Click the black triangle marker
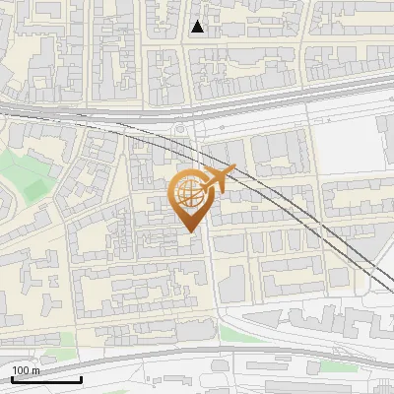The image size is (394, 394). point(198,27)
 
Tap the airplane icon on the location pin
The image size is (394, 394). point(217,180)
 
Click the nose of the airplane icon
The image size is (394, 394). point(234,169)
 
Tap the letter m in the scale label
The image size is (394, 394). point(35,370)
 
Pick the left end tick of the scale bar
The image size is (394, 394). point(11,378)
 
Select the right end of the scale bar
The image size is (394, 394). point(81,378)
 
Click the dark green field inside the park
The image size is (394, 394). point(35,184)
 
